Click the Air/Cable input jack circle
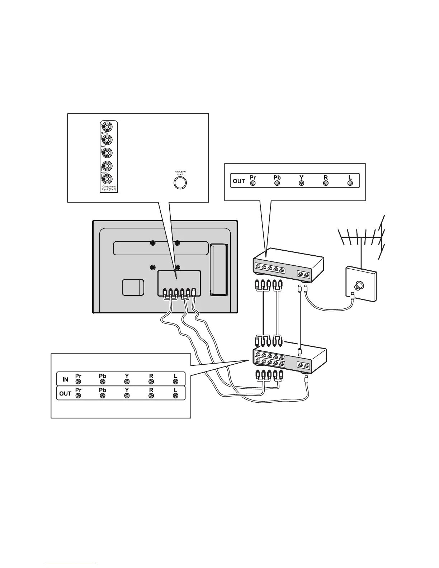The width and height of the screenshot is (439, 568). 180,183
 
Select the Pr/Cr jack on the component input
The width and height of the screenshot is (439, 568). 107,153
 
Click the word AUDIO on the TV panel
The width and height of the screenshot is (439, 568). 105,172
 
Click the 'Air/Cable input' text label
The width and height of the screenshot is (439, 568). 180,173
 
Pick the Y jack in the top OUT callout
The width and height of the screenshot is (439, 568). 302,183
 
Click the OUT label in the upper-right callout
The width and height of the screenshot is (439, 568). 239,181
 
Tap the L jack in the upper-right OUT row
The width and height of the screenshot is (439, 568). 350,183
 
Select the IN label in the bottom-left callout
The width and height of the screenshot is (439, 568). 65,379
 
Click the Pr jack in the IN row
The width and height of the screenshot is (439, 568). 78,382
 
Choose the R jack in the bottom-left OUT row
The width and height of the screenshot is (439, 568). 151,396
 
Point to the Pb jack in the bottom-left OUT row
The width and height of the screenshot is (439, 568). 103,396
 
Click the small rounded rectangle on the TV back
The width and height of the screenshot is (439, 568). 133,288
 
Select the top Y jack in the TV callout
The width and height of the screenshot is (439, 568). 107,127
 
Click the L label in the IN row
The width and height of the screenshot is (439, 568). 175,376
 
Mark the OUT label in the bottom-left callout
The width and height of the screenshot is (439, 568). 65,394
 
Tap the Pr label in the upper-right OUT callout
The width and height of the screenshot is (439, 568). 253,177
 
